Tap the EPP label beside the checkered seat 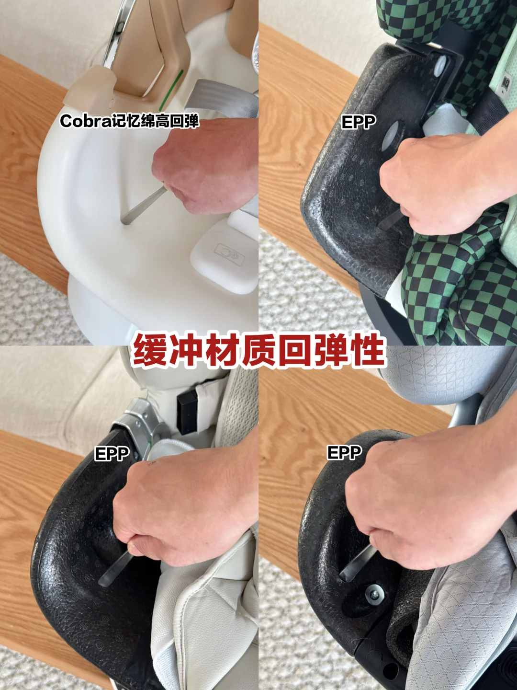pos(359,122)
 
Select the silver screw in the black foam pos(375,593)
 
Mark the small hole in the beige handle pos(112,102)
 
